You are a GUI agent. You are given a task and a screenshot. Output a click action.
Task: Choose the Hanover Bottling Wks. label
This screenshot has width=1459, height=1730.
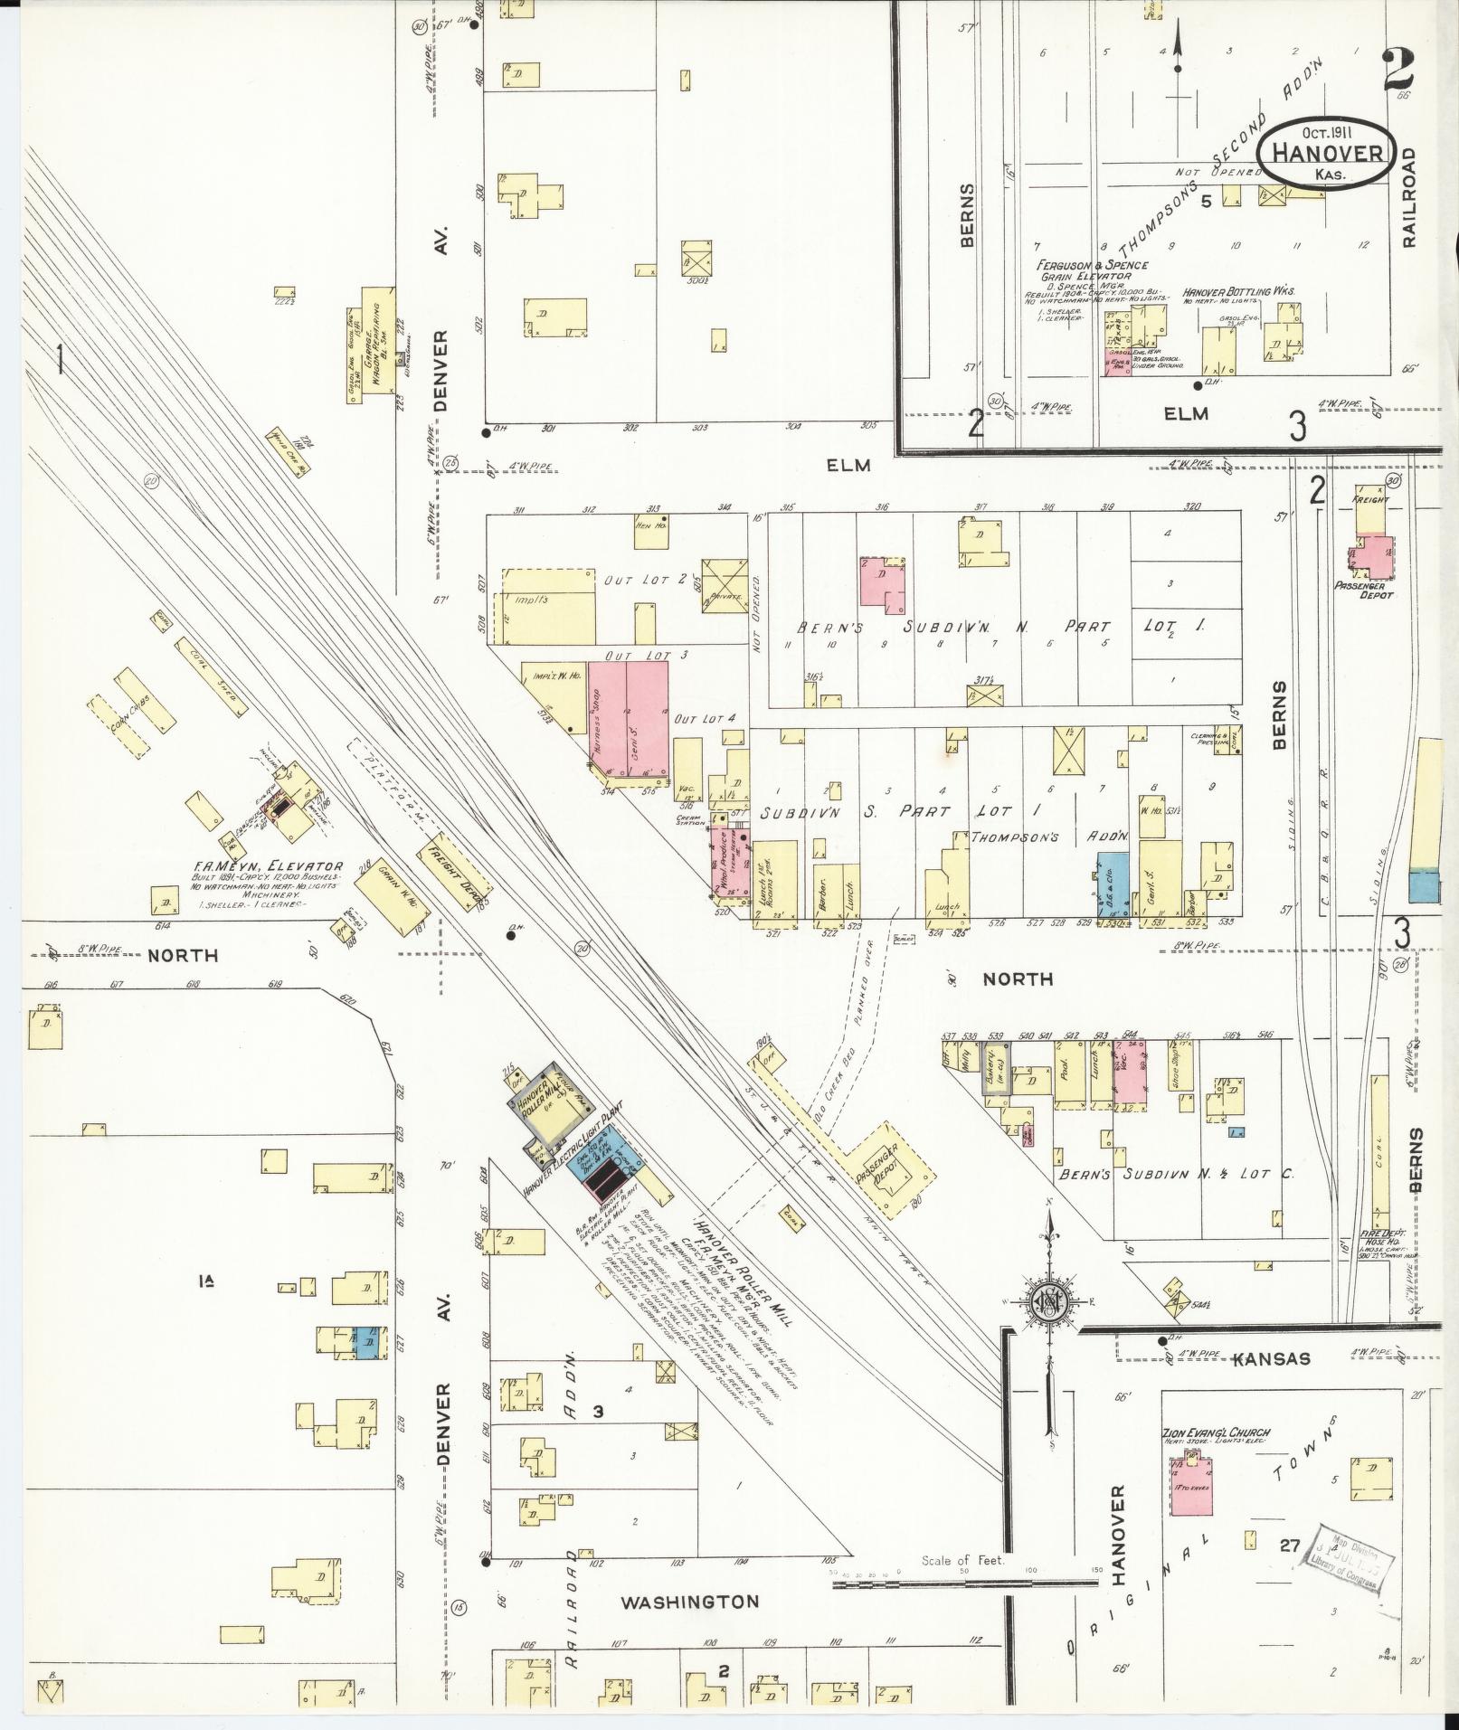tap(1239, 293)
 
